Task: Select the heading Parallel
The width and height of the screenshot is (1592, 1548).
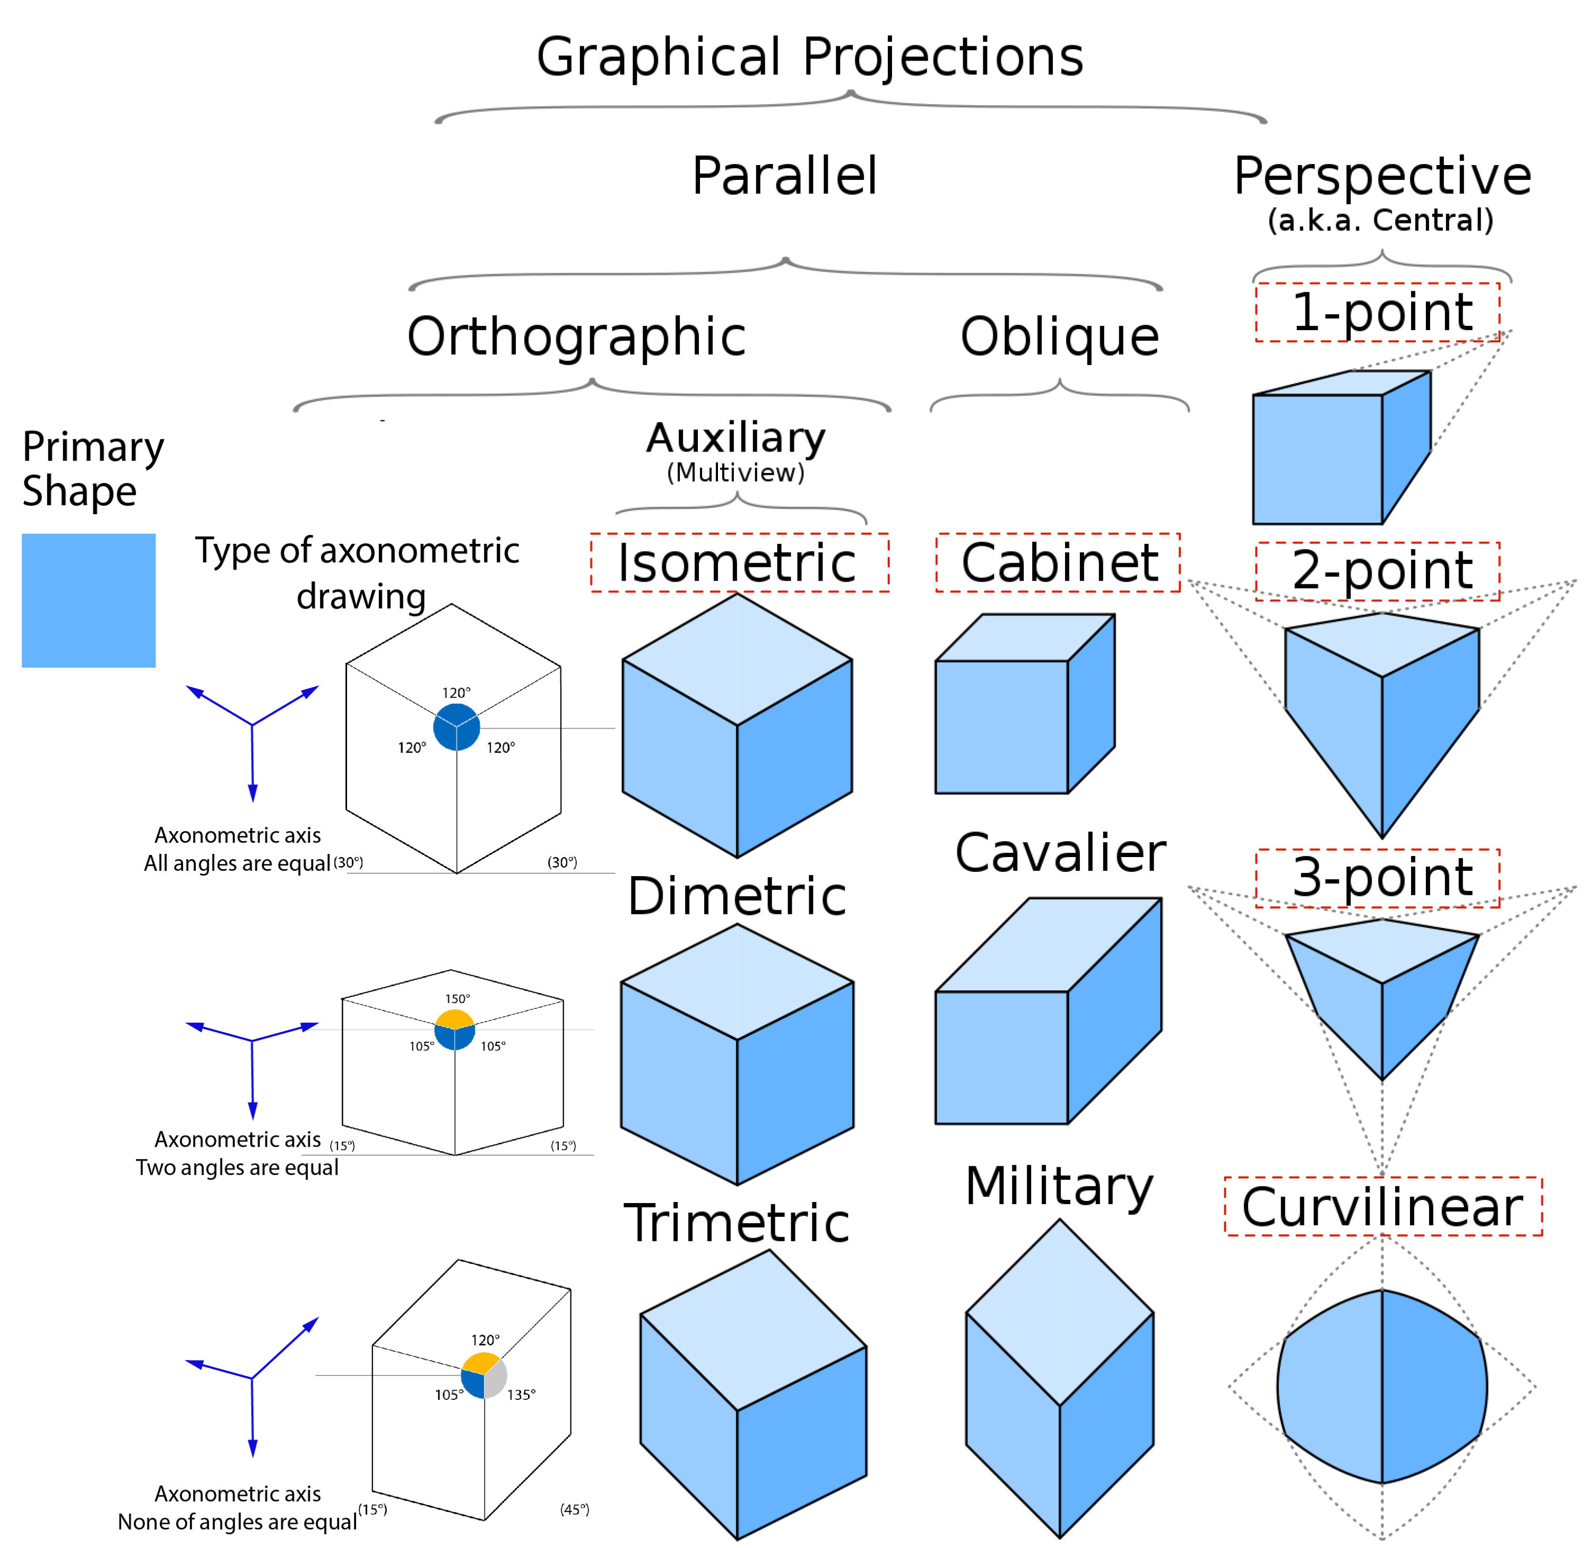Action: [x=785, y=176]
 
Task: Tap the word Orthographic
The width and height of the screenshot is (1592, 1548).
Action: [x=576, y=336]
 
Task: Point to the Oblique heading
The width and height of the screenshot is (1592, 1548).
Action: [x=1059, y=336]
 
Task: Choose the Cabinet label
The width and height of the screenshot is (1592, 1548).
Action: [x=1059, y=563]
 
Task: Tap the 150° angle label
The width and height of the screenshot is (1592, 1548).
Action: [x=457, y=998]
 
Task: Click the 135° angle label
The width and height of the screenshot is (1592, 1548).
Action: [x=521, y=1394]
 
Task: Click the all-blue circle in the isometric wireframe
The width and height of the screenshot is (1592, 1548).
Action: [x=456, y=727]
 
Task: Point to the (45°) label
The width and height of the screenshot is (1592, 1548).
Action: [x=574, y=1509]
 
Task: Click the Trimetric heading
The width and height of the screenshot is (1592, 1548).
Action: [x=736, y=1223]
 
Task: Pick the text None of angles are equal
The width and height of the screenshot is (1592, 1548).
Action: [x=237, y=1521]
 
